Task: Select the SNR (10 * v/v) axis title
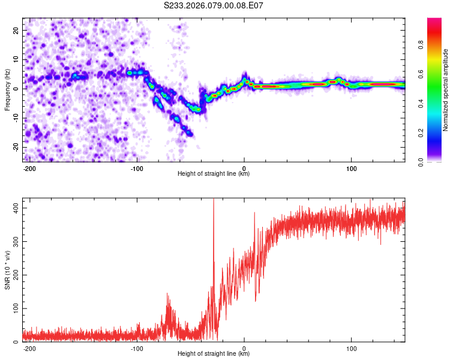[8, 270]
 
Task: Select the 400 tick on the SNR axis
[14, 208]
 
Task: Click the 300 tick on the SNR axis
[14, 241]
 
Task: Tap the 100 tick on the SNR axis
[14, 308]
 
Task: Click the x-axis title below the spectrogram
[214, 174]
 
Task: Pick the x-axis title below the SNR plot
[214, 354]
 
